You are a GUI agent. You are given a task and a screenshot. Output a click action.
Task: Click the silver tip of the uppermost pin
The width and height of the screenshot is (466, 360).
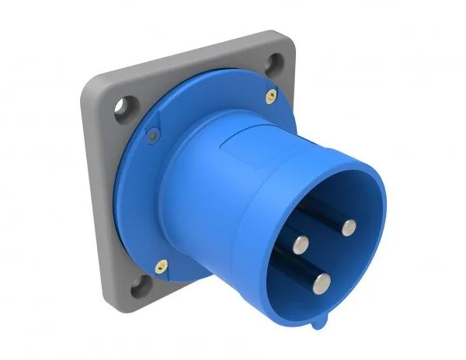pyautogui.click(x=349, y=227)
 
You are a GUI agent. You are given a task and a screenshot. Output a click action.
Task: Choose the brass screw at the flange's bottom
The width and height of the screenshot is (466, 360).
pyautogui.click(x=162, y=263)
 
